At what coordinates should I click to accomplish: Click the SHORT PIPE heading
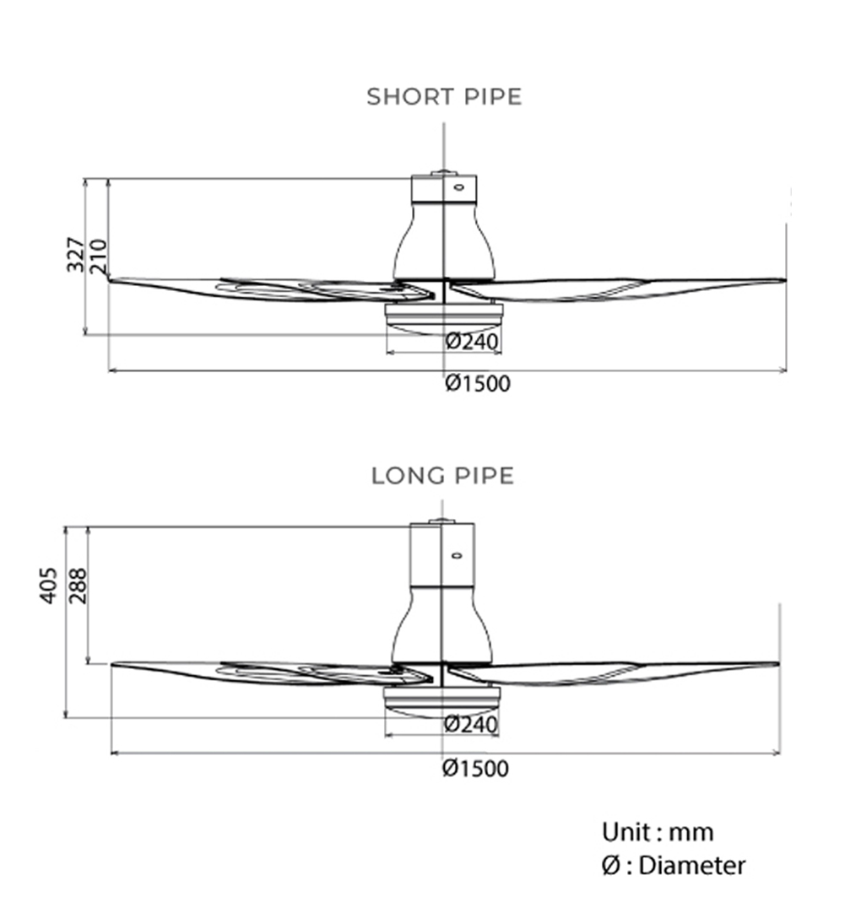tap(444, 97)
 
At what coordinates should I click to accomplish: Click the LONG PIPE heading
tap(443, 476)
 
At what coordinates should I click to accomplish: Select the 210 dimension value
tap(99, 256)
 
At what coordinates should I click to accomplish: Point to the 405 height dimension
tap(49, 584)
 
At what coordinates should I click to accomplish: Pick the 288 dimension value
tap(78, 586)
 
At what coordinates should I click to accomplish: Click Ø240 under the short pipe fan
tap(472, 342)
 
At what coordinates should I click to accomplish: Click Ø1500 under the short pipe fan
tap(478, 385)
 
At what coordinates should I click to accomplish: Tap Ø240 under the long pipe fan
tap(469, 724)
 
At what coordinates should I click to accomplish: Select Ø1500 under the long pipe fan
tap(476, 769)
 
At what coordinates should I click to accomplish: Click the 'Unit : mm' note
tap(658, 833)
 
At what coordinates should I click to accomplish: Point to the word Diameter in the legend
tap(692, 866)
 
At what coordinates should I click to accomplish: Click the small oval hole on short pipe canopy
tap(459, 186)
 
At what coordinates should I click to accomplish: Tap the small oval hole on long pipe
tap(457, 555)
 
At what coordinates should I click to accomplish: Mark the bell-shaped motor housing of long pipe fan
tap(442, 624)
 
